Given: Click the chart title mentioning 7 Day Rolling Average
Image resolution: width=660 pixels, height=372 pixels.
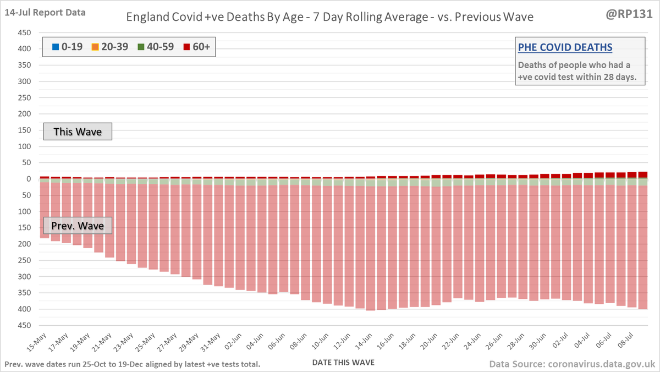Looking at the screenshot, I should pyautogui.click(x=330, y=18).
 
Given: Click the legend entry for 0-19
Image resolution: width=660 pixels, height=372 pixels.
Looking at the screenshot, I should pyautogui.click(x=68, y=47).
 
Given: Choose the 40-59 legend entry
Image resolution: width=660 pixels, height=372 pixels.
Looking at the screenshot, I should pyautogui.click(x=155, y=47).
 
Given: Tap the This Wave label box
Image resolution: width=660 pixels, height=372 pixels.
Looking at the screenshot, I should pyautogui.click(x=78, y=132).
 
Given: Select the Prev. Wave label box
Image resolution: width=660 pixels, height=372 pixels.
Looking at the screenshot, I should pyautogui.click(x=78, y=226).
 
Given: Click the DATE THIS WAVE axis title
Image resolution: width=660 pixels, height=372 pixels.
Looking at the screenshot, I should pyautogui.click(x=347, y=363).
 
